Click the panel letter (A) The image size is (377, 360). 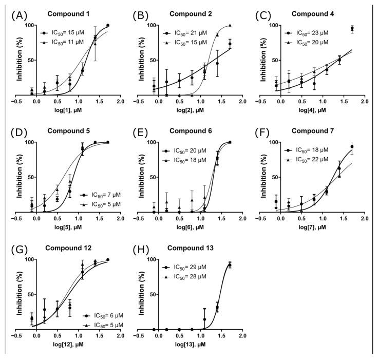[x=18, y=16]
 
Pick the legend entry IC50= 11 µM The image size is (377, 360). [x=66, y=41]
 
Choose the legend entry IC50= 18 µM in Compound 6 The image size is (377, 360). [x=188, y=160]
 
